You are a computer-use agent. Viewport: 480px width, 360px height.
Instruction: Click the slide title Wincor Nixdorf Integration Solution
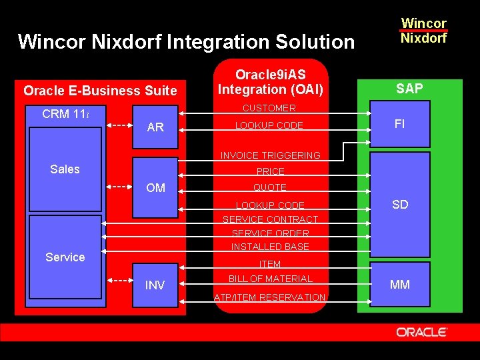pyautogui.click(x=186, y=42)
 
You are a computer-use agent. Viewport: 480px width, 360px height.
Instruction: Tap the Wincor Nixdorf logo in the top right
pyautogui.click(x=423, y=31)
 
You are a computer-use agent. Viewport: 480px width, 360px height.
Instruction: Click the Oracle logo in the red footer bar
pyautogui.click(x=421, y=332)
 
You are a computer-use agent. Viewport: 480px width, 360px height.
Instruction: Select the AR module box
pyautogui.click(x=155, y=127)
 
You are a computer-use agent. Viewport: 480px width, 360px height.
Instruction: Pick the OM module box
pyautogui.click(x=155, y=188)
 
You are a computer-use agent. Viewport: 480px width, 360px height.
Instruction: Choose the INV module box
pyautogui.click(x=155, y=285)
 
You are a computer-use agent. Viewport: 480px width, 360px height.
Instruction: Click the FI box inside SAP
pyautogui.click(x=400, y=125)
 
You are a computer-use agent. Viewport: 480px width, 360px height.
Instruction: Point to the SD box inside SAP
pyautogui.click(x=400, y=205)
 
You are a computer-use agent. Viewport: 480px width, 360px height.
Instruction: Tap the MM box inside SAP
pyautogui.click(x=400, y=285)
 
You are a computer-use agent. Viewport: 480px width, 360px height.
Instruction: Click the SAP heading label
pyautogui.click(x=409, y=89)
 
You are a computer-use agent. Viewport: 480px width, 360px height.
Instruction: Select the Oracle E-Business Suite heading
pyautogui.click(x=100, y=91)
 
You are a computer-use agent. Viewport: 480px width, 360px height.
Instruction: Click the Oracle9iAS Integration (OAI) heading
pyautogui.click(x=271, y=83)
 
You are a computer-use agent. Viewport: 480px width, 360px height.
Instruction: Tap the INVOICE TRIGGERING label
pyautogui.click(x=270, y=155)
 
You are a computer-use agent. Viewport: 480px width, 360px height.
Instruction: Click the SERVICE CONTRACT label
pyautogui.click(x=270, y=219)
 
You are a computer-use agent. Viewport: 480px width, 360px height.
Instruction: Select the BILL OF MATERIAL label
pyautogui.click(x=270, y=279)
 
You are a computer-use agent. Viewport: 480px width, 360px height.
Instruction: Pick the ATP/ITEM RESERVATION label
pyautogui.click(x=270, y=297)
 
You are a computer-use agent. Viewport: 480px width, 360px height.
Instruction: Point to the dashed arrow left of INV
pyautogui.click(x=119, y=284)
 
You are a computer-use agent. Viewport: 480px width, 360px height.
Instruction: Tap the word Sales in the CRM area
pyautogui.click(x=65, y=169)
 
